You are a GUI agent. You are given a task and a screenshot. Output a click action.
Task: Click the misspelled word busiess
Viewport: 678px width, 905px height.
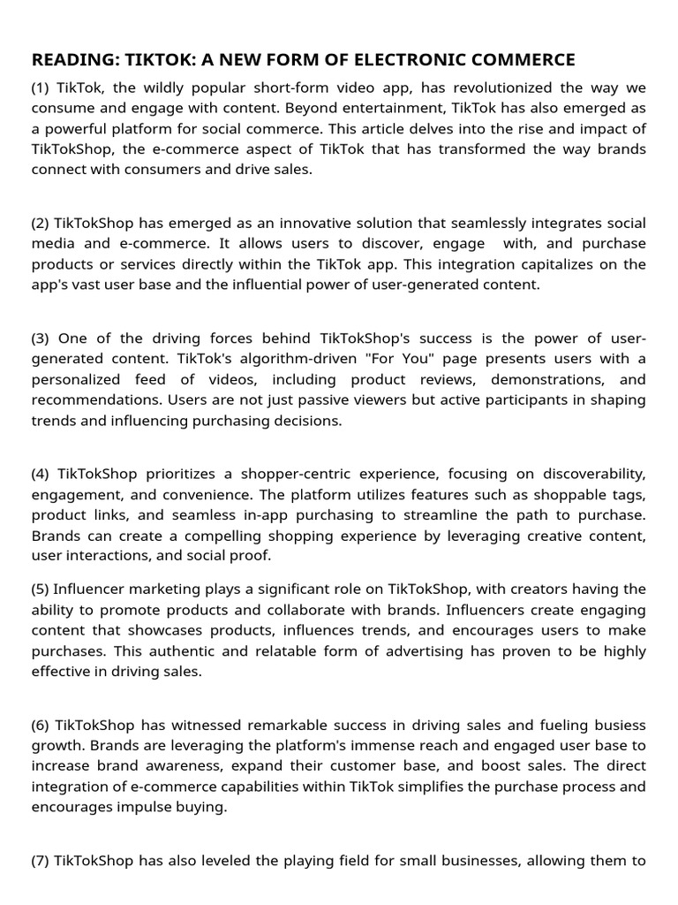click(x=619, y=725)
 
